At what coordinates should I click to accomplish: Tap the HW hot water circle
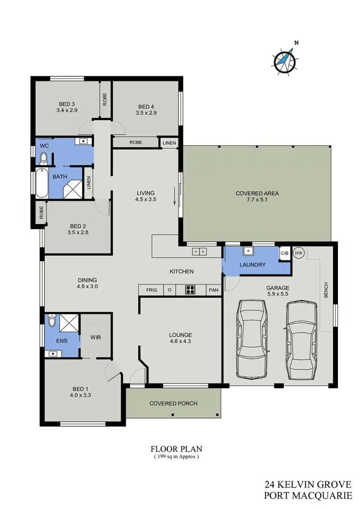[x=299, y=253]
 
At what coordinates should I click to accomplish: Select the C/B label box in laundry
[x=284, y=253]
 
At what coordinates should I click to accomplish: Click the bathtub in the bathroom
[x=42, y=183]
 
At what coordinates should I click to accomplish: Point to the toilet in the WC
[x=43, y=158]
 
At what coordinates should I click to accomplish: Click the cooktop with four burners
[x=191, y=290]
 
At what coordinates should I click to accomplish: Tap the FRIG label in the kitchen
[x=151, y=290]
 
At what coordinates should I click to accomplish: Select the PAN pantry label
[x=213, y=290]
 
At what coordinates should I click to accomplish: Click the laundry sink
[x=248, y=251]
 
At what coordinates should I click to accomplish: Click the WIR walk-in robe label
[x=96, y=337]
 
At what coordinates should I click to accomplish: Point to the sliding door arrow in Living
[x=174, y=199]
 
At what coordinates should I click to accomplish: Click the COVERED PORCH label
[x=173, y=403]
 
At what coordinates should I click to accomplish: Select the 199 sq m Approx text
[x=176, y=457]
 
